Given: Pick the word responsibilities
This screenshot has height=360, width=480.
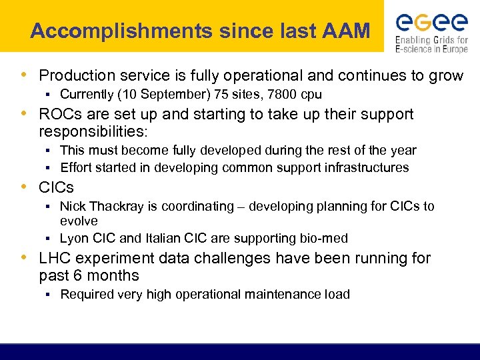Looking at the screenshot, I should coord(93,132).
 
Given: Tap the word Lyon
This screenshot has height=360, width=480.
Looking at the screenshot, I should coord(73,238).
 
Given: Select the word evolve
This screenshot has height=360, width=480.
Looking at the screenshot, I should coord(79,221).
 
